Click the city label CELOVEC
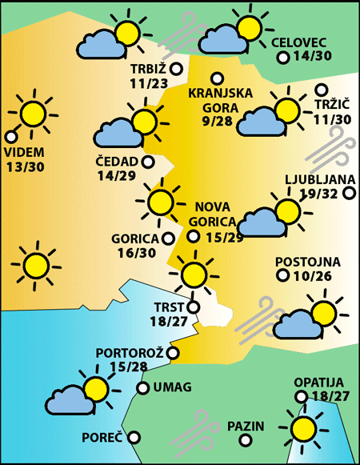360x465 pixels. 300,42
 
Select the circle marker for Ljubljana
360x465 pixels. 349,193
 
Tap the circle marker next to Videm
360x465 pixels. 10,136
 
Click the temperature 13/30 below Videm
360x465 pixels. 25,166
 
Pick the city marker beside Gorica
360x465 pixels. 168,238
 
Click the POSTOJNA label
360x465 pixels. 307,262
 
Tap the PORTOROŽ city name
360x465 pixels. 130,352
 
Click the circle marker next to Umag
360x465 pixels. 142,388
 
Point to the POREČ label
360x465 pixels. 102,438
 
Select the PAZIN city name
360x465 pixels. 245,426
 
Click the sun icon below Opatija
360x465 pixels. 304,428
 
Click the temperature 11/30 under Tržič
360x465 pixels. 332,119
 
